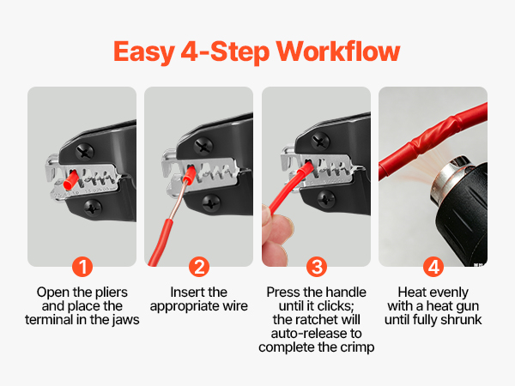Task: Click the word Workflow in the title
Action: [338, 51]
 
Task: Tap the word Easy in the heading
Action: [144, 52]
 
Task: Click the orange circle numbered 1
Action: [82, 267]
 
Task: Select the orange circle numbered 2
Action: [199, 267]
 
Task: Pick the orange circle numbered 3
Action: [317, 267]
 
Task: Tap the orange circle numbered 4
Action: [433, 267]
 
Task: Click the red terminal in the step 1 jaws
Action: [70, 180]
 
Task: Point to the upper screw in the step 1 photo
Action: [85, 152]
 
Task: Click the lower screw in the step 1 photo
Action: [93, 208]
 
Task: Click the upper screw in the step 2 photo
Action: [203, 146]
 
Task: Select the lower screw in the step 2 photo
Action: [211, 203]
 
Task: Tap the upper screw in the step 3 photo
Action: [320, 141]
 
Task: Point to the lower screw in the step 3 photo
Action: [326, 199]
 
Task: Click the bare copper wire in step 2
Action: [178, 201]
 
